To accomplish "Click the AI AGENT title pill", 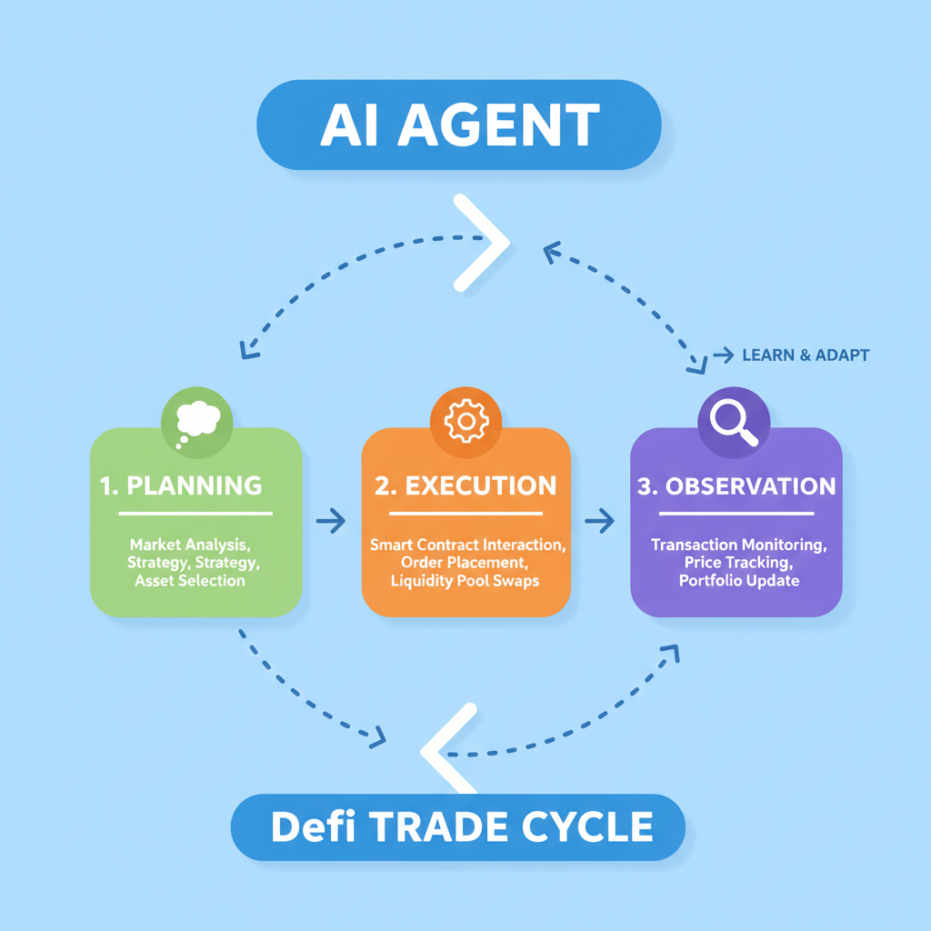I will click(x=459, y=125).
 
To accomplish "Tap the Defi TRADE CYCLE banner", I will click(x=459, y=826).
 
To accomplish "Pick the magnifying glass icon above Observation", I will click(x=734, y=421).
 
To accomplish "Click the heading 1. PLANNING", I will click(x=181, y=486).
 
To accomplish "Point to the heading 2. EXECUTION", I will click(x=465, y=486).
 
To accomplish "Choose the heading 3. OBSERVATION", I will click(x=736, y=486).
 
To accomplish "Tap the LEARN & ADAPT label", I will click(x=805, y=355).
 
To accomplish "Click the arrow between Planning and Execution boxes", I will click(x=331, y=521).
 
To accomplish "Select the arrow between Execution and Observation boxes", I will click(x=599, y=521).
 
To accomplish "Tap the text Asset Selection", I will click(x=190, y=581).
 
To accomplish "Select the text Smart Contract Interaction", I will click(x=467, y=545).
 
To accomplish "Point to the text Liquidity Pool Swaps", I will click(x=465, y=581).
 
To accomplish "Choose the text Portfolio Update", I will click(x=738, y=581).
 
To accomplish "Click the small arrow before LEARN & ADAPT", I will click(x=724, y=355).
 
